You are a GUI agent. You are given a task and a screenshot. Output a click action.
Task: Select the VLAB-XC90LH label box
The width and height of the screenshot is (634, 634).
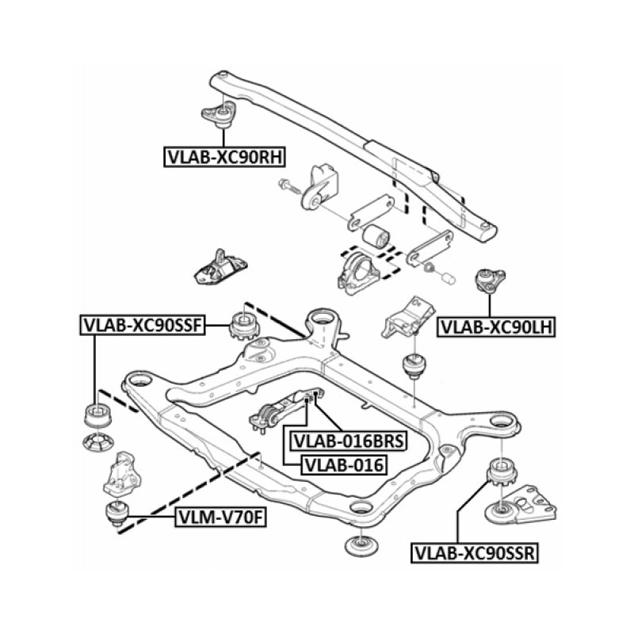497,325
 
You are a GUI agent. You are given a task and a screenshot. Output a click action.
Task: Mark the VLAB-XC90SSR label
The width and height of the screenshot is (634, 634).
474,552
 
